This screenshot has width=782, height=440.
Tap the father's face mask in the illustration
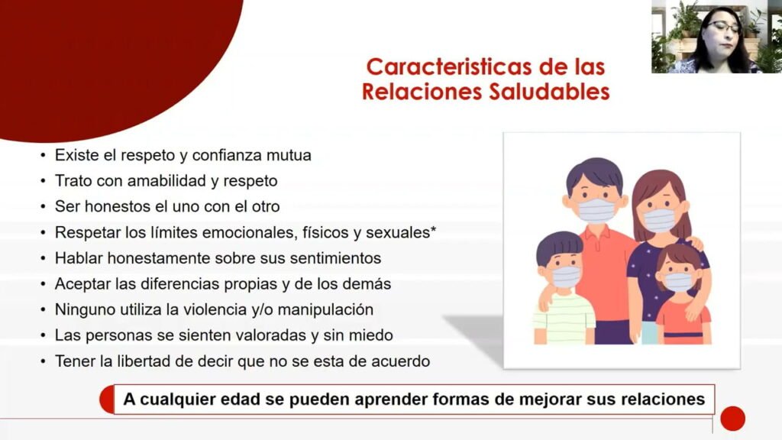[x=596, y=210]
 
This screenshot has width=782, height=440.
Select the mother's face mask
[x=659, y=220]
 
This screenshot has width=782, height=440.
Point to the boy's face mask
[x=567, y=277]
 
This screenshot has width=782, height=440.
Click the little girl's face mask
[x=678, y=282]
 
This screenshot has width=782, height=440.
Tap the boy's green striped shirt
[x=564, y=319]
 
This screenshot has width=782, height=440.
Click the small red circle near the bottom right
[x=732, y=418]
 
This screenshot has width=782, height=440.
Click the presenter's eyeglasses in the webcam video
[x=723, y=27]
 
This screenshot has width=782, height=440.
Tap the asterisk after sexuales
[x=434, y=229]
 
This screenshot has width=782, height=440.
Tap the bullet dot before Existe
[x=44, y=156]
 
